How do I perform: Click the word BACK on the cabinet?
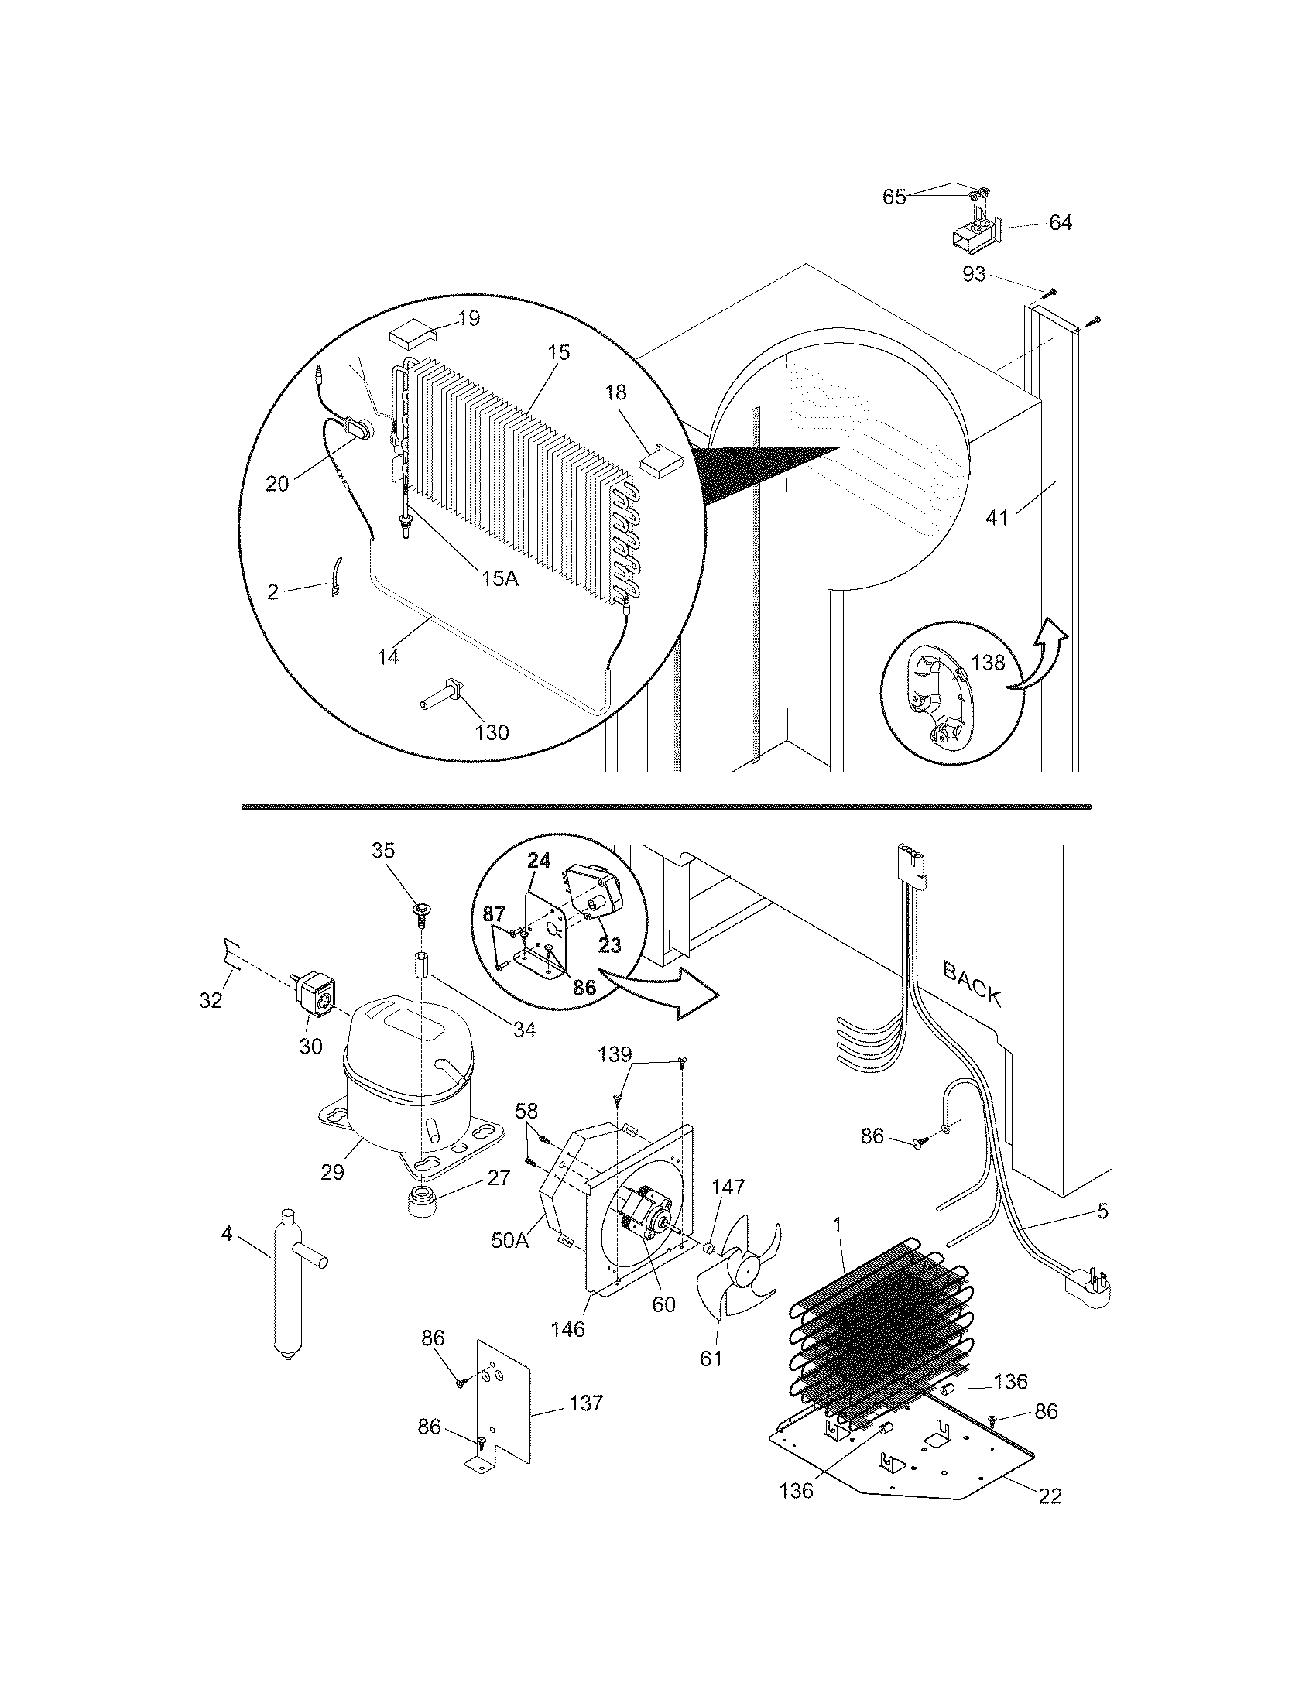972,983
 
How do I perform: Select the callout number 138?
988,662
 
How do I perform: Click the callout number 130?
492,732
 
